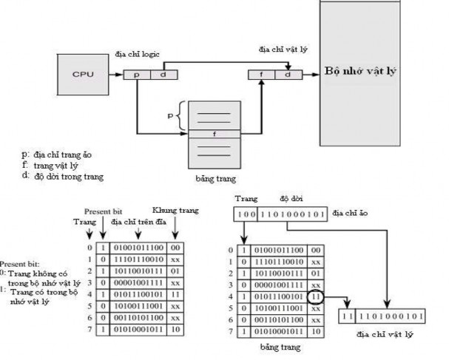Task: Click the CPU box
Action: click(x=82, y=74)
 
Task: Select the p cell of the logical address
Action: click(x=138, y=75)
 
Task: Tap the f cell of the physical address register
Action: click(x=261, y=75)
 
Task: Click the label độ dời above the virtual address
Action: click(x=288, y=200)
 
